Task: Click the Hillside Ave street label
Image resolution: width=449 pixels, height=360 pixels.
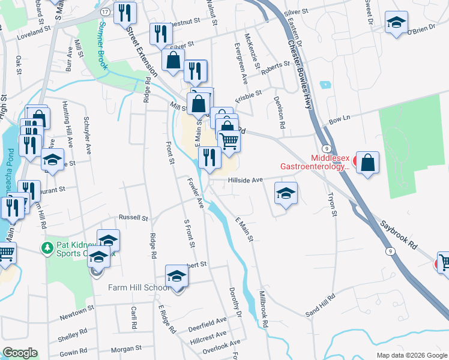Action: coord(246,180)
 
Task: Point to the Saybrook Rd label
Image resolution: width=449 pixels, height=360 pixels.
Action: coord(397,234)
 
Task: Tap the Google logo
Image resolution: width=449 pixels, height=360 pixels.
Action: coord(19,353)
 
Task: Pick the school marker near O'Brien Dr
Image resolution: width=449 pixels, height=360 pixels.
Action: coord(396,24)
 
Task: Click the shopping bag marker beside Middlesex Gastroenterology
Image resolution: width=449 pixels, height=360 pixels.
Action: coord(367,163)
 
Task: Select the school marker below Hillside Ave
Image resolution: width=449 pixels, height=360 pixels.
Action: coord(286,194)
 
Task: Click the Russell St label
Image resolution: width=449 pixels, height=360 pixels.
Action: coord(133,217)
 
